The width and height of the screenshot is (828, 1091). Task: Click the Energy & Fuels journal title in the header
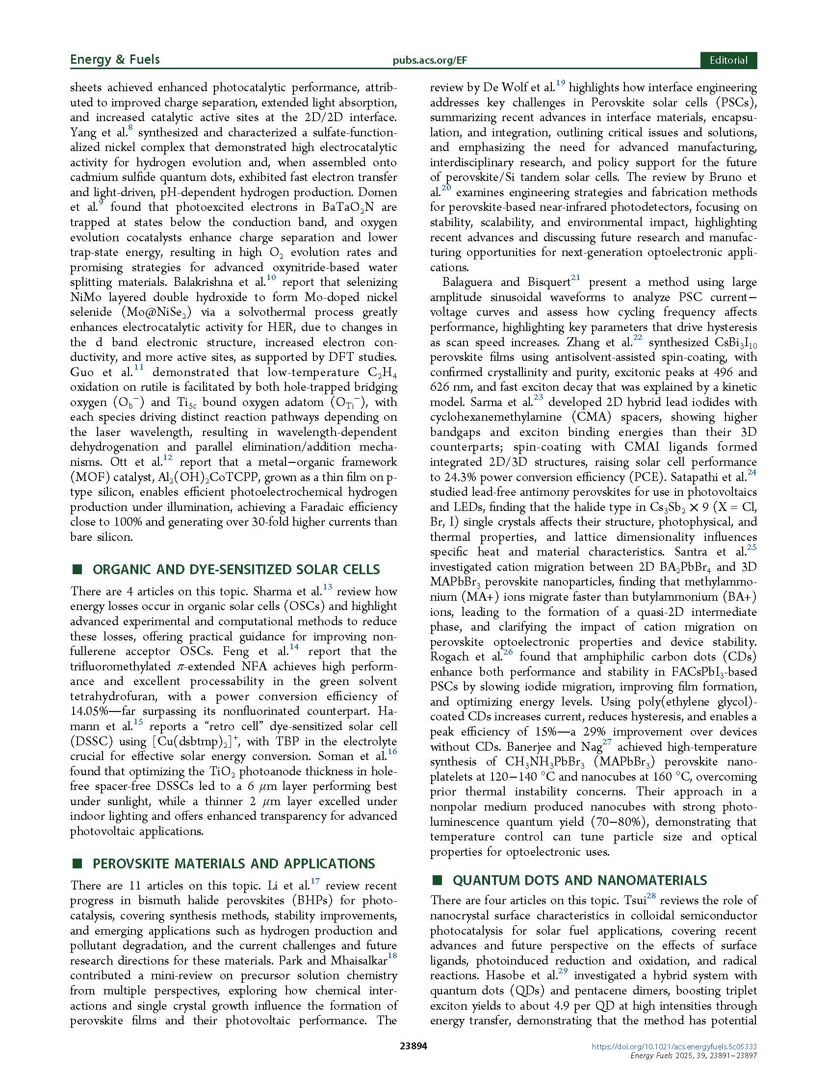click(114, 60)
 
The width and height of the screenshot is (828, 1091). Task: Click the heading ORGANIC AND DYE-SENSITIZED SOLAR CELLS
click(236, 569)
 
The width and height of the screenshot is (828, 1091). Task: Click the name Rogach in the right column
click(450, 657)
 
